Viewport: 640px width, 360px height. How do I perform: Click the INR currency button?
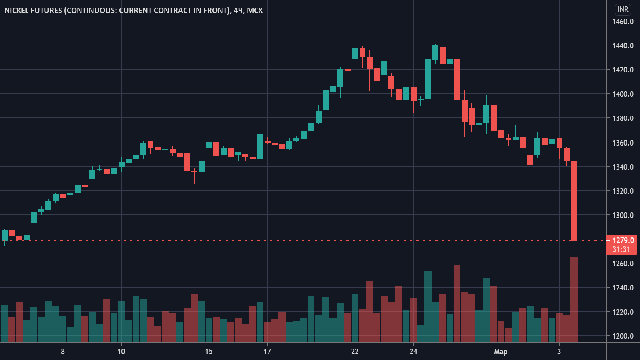click(x=623, y=9)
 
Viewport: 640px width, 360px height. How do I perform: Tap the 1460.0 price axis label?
click(x=623, y=21)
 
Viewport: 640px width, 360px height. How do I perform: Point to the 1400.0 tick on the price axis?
click(x=623, y=94)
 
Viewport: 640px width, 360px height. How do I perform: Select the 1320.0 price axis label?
click(x=623, y=191)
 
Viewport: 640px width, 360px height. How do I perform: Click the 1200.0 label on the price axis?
click(x=623, y=336)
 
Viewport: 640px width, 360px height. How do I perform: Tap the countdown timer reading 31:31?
click(x=621, y=250)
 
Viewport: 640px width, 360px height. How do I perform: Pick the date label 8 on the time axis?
click(x=63, y=351)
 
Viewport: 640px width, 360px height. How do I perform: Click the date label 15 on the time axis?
click(x=209, y=351)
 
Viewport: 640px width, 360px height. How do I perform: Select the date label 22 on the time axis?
click(x=355, y=351)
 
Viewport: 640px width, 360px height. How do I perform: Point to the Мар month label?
click(x=501, y=351)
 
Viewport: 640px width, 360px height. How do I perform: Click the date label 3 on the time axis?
click(x=559, y=351)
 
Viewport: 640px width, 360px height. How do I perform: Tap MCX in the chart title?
click(x=255, y=10)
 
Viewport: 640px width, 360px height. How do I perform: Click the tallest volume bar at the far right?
click(x=574, y=299)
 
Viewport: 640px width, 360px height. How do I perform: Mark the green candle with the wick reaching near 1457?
click(x=355, y=53)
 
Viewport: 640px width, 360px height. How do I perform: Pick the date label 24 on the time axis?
click(x=413, y=351)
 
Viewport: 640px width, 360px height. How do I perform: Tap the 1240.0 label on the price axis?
click(x=623, y=288)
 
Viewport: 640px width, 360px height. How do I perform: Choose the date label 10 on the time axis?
click(x=121, y=351)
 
